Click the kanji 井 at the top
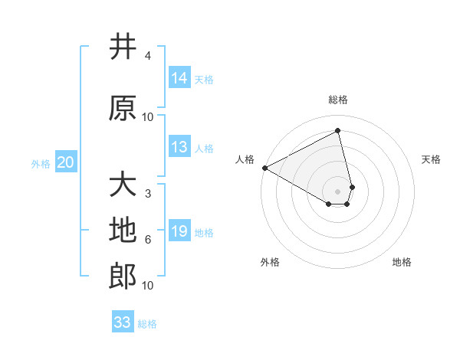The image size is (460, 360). coord(123,47)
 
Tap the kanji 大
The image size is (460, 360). coord(123,185)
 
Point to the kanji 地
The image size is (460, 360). coord(123,231)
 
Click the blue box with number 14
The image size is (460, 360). coord(179,78)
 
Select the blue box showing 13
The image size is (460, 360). coord(179,147)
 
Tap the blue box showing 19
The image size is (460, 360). coord(179,231)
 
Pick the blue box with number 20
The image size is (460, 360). coord(66,162)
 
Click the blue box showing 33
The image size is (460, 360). coord(123,322)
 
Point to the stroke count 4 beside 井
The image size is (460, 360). coord(148,57)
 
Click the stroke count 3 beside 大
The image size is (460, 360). coord(148,193)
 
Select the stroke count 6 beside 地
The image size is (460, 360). coord(148,240)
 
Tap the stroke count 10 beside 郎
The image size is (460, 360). coord(148,286)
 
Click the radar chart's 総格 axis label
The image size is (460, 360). coord(338,100)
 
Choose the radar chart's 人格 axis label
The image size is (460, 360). coord(245,159)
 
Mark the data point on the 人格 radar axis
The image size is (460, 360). coord(264,168)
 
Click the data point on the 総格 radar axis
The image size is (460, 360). coord(338,131)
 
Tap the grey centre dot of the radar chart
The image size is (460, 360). coord(338,191)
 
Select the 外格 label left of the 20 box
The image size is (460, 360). coord(41,163)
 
